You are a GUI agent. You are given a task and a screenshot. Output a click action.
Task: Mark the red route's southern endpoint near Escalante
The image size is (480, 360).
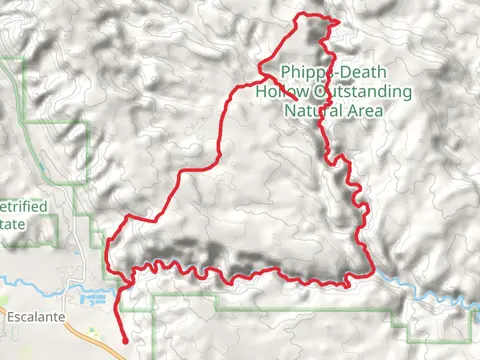coord(123,341)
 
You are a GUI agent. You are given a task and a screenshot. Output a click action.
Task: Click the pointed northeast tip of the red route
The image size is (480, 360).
coord(339,23)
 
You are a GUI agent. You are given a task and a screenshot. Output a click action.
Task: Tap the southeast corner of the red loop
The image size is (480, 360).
coord(373,269)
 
